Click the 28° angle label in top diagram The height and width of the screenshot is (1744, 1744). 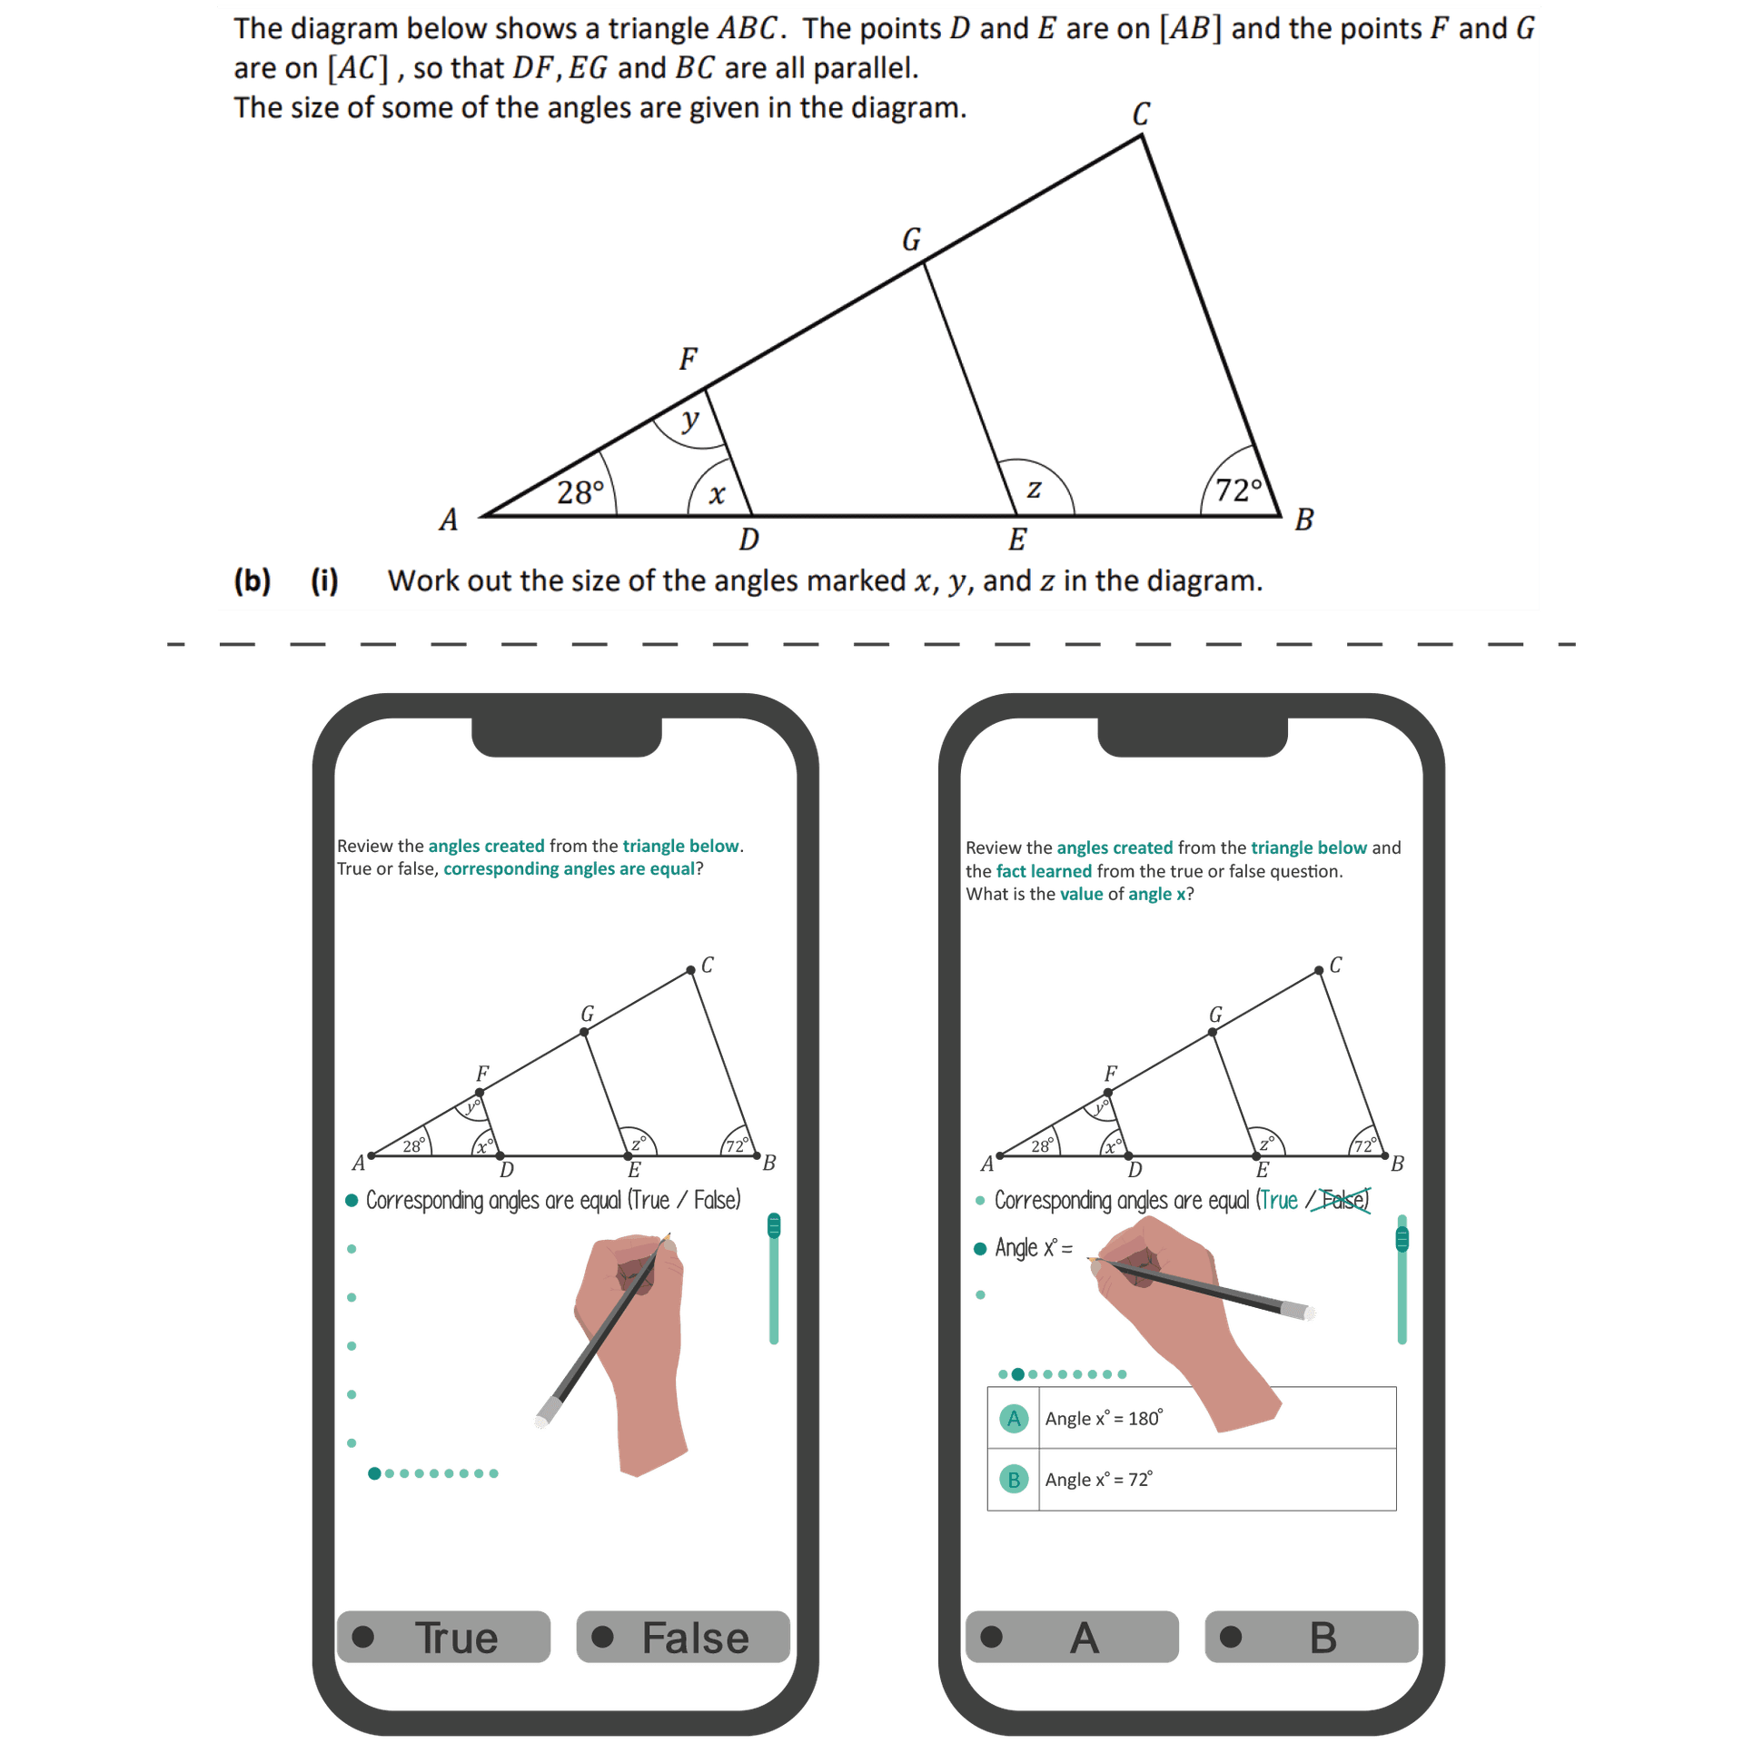580,492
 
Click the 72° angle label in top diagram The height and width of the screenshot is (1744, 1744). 1239,490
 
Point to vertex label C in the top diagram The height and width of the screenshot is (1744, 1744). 1141,114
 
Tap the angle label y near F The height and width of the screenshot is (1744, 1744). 690,419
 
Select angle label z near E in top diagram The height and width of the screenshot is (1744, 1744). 1034,489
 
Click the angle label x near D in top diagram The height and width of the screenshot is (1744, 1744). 717,494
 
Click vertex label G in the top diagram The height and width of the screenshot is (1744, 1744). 911,239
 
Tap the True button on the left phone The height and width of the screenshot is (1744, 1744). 444,1637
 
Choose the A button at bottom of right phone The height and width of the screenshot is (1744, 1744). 1072,1637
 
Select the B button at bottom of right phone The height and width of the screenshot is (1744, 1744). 1311,1637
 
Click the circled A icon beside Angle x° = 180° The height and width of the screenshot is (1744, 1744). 1014,1418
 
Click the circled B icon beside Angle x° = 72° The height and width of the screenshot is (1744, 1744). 1014,1480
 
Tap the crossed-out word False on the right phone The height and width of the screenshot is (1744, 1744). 1343,1200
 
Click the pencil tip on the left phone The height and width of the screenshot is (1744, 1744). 668,1236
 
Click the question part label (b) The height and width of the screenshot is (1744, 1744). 253,580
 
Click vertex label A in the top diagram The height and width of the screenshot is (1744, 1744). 448,520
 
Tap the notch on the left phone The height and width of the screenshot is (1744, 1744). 566,738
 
